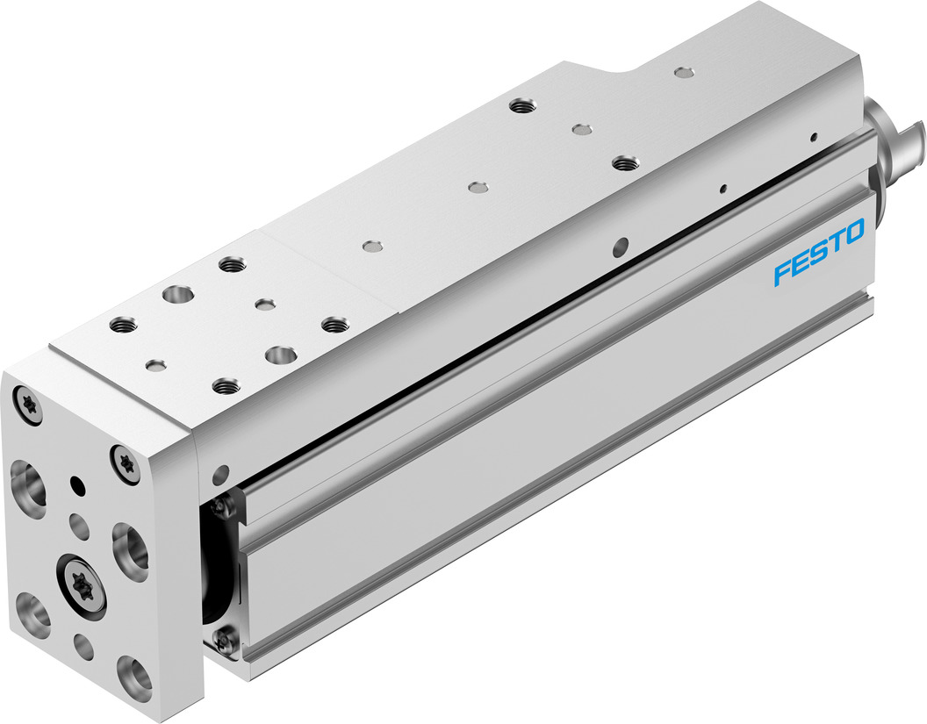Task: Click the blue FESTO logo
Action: coord(819,253)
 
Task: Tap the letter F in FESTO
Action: coord(782,274)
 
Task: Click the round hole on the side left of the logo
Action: coord(622,243)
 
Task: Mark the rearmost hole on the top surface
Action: coord(681,70)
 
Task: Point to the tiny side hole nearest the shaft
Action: coord(815,135)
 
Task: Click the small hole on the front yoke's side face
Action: coord(219,475)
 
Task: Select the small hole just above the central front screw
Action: coord(79,527)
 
